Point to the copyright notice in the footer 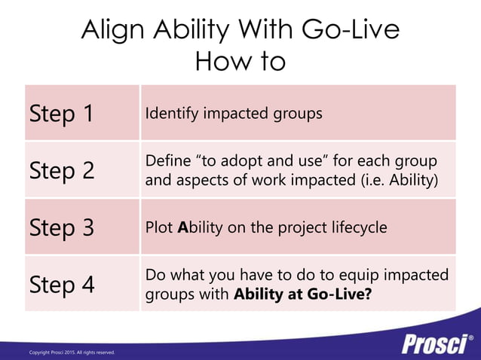point(72,352)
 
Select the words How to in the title point(240,61)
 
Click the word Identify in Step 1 point(170,114)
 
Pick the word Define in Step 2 point(167,162)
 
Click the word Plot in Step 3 point(158,227)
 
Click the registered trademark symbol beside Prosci point(471,337)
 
